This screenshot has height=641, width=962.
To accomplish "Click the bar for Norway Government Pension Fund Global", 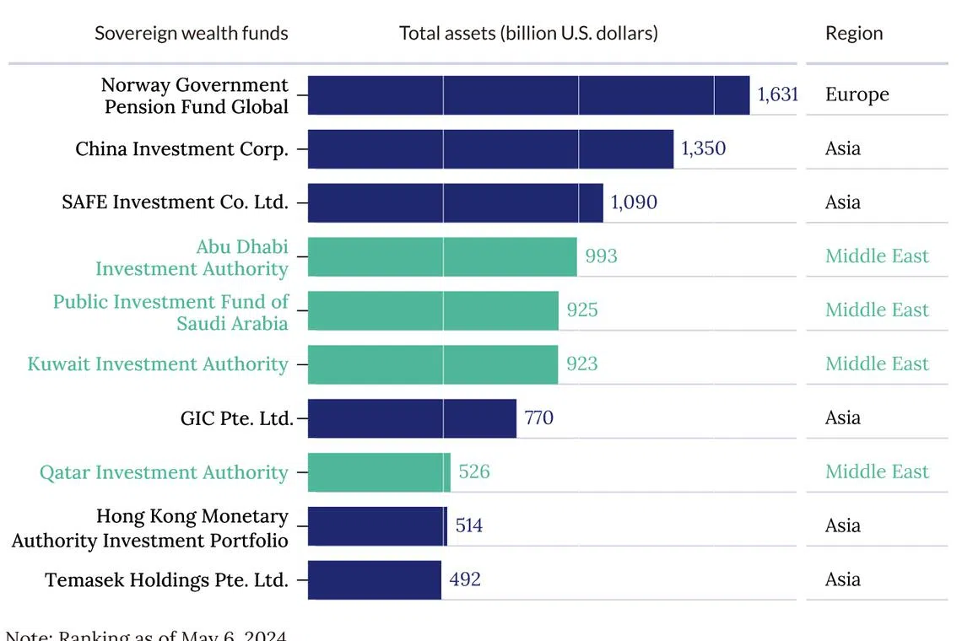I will click(x=528, y=94).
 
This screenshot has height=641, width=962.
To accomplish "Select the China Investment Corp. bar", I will click(x=490, y=148).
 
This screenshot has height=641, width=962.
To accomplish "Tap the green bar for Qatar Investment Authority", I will click(x=379, y=471).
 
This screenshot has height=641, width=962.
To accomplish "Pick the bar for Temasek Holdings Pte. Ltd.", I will click(x=375, y=579).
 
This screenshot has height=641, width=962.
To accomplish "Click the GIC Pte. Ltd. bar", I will click(x=412, y=417).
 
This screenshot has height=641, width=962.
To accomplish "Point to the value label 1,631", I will click(x=777, y=94).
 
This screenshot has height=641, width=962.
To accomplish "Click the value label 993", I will click(x=601, y=256).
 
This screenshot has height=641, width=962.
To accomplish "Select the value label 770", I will click(x=538, y=417).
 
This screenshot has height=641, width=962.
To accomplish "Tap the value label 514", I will click(x=468, y=525).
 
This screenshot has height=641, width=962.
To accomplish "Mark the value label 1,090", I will click(x=633, y=202).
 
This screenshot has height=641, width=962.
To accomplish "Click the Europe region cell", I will click(x=857, y=94).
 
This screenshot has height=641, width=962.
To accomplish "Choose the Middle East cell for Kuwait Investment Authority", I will click(x=877, y=364).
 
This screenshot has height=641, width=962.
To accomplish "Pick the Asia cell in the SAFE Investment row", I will click(x=842, y=202).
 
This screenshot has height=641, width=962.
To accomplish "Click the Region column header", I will click(x=854, y=34).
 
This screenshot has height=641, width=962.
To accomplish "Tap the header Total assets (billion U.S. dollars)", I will click(x=528, y=34).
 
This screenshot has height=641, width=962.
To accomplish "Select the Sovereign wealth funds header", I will click(x=191, y=34).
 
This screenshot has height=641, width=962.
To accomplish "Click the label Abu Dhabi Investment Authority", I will click(x=192, y=257).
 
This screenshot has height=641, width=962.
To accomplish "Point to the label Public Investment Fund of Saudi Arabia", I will click(x=170, y=312).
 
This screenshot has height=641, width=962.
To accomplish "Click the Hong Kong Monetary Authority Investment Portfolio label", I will click(x=150, y=528).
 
